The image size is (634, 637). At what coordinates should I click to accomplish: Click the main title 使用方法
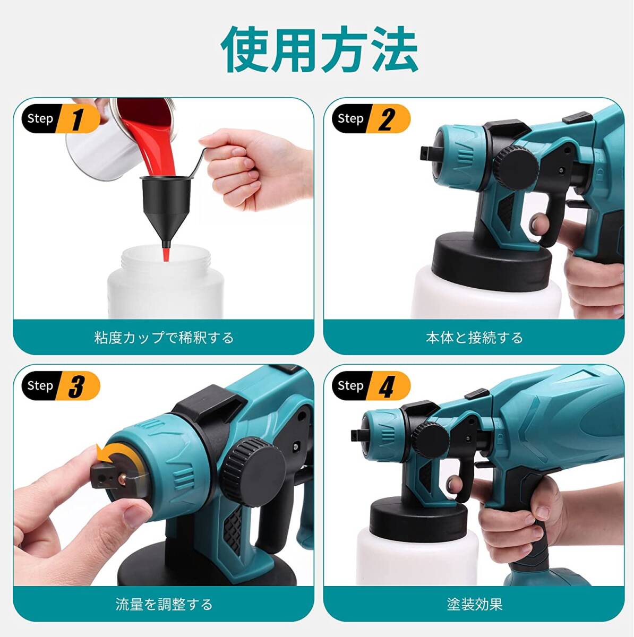point(319,50)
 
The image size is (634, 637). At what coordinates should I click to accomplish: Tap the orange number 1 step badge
point(78,119)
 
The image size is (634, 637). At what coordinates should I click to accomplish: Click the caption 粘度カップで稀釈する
point(164,338)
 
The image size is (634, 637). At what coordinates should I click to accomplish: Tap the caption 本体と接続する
point(474,338)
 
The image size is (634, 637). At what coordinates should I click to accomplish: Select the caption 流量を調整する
point(164,604)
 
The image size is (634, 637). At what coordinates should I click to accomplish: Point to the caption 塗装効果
point(474,604)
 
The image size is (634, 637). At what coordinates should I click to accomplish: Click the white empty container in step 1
point(165,287)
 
